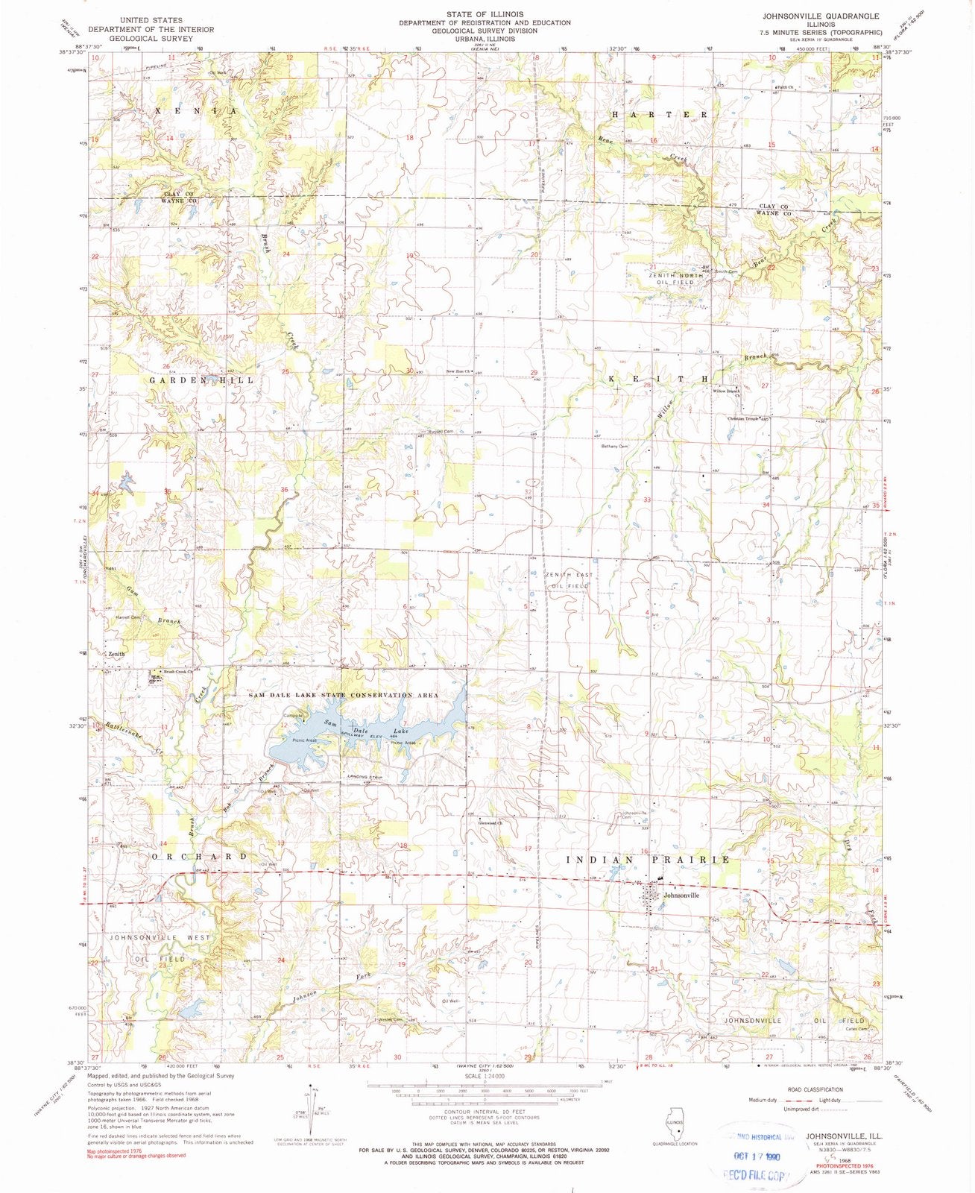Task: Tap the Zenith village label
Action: (x=116, y=654)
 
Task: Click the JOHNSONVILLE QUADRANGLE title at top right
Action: (x=820, y=16)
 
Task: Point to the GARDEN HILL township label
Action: (x=202, y=380)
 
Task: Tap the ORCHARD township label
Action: (x=199, y=857)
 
